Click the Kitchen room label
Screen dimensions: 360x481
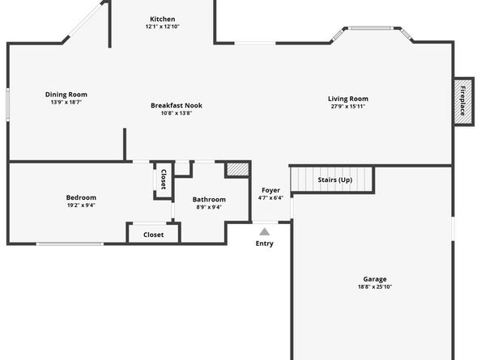162,19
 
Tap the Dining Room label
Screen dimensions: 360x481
66,95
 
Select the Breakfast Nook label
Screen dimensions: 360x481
177,105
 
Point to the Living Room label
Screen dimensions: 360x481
347,99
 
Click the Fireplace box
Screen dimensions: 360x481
463,99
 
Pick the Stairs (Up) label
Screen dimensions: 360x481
334,180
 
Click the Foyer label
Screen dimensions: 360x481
270,190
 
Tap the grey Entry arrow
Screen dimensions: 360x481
265,231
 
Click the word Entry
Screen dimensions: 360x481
265,244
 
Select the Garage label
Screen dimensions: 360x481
374,279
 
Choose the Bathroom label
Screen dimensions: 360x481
209,199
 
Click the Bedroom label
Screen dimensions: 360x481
81,197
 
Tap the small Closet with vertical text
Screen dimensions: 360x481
163,180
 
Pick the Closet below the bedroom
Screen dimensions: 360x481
153,235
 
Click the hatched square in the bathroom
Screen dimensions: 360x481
236,171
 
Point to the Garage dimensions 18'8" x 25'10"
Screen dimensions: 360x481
374,286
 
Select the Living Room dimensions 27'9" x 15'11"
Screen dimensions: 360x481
347,106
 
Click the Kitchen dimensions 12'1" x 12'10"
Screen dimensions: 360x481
162,27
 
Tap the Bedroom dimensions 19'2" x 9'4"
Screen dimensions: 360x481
81,205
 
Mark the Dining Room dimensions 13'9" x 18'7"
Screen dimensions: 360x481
66,103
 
